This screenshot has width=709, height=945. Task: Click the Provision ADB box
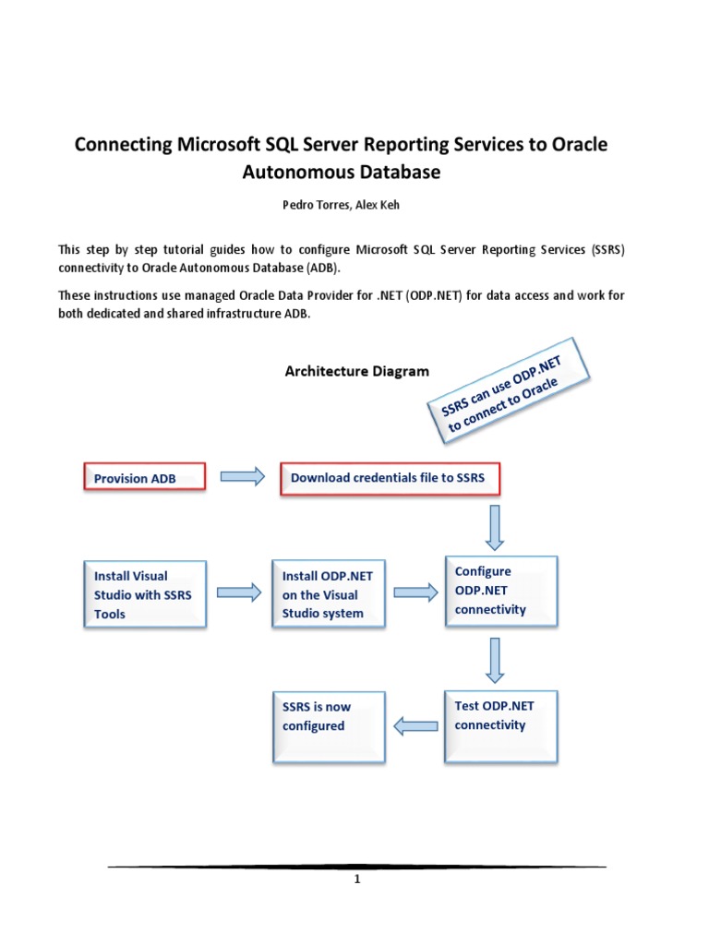[144, 478]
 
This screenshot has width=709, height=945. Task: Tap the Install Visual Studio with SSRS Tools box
[144, 595]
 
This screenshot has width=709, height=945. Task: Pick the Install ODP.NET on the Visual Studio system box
[329, 595]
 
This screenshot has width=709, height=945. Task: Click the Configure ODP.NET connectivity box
[500, 591]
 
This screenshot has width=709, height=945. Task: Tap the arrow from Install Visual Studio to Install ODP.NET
[239, 592]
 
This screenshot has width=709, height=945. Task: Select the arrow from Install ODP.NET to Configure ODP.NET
[415, 592]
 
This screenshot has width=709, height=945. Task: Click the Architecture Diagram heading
[356, 371]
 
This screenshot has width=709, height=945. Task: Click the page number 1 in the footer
[356, 880]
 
